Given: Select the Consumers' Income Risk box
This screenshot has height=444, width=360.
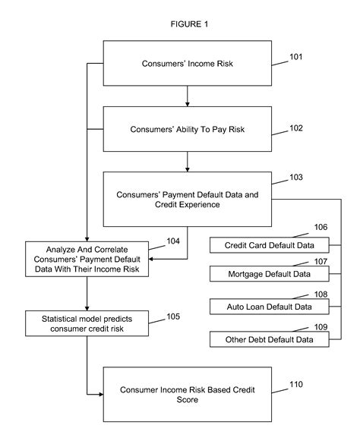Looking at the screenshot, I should coord(187,61).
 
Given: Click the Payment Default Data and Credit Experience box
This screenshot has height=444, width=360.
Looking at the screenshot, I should coord(187,200).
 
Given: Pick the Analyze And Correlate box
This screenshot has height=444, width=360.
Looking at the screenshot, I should coord(86,259).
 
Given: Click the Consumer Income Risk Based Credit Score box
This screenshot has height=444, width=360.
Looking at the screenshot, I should coord(187,394).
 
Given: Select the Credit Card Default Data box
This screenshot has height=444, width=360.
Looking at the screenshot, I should coord(270,246).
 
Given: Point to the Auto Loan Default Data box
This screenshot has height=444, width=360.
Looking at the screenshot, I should coord(270,307).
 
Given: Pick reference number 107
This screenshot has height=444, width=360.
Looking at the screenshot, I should coord(322,262).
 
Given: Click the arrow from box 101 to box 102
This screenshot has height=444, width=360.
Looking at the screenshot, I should coord(187,96).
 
